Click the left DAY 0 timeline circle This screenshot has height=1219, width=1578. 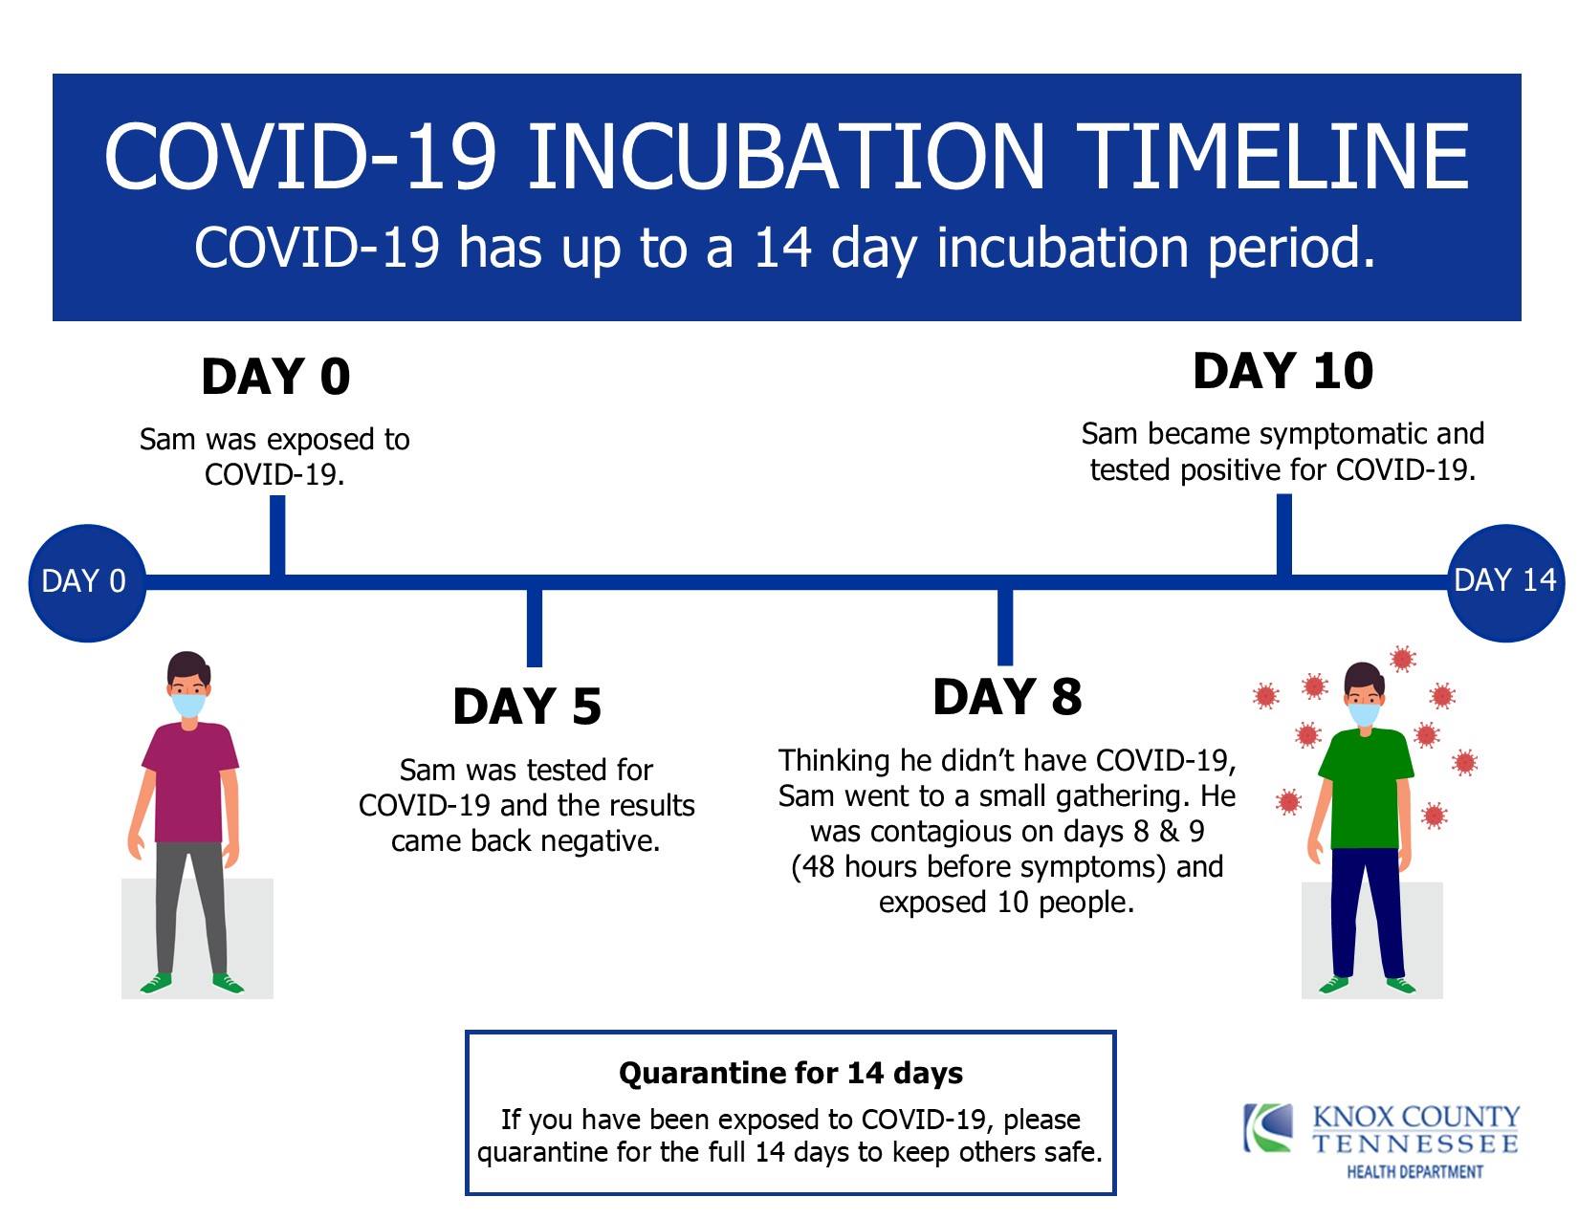87,583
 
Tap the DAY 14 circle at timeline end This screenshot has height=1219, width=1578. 1506,583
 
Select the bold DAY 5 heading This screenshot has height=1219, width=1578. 527,707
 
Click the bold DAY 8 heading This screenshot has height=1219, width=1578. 1007,697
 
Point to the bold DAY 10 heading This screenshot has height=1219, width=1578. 1283,372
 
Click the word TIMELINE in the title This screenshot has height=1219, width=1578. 1278,158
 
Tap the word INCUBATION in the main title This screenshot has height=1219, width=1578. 786,158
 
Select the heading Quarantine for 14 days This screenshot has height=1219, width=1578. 791,1073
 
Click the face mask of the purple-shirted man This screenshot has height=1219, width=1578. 188,705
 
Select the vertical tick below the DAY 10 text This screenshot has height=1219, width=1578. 1283,535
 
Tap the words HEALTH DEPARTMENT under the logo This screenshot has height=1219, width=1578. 1414,1172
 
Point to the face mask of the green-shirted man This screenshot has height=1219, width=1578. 1364,714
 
